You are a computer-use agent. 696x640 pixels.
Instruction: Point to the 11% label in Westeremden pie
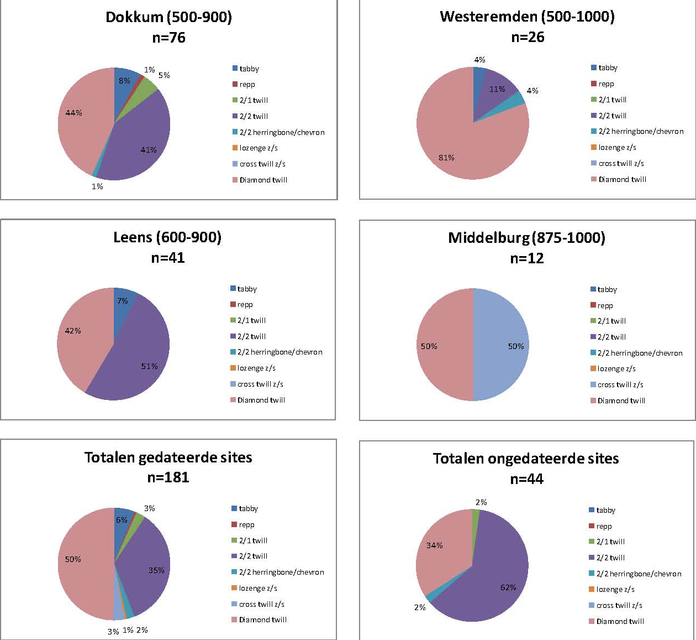point(497,89)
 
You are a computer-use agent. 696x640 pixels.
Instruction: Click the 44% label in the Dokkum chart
point(73,113)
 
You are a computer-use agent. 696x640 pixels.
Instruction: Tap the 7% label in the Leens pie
point(123,301)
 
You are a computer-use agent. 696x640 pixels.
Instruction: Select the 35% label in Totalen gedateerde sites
point(156,570)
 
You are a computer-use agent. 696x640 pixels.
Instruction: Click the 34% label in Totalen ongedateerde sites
point(435,545)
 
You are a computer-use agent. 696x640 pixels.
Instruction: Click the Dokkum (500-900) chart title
point(168,17)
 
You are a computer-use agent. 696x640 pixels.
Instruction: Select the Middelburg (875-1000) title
point(526,238)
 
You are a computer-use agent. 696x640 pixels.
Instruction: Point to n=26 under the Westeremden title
point(528,37)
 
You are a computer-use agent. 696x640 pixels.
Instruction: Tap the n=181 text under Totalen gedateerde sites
point(168,477)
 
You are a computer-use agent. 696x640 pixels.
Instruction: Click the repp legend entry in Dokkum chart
point(247,85)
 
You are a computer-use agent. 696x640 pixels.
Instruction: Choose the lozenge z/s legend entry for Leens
point(256,368)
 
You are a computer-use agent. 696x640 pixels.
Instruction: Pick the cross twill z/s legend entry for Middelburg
point(620,385)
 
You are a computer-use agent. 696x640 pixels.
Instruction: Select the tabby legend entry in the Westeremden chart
point(608,68)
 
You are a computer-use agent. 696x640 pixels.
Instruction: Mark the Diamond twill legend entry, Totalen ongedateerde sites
point(620,622)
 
